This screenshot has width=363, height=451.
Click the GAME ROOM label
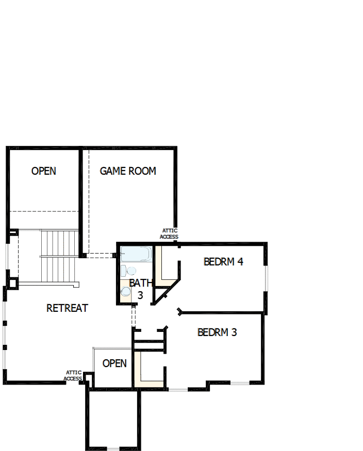click(128, 171)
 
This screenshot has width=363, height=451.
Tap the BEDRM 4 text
click(223, 261)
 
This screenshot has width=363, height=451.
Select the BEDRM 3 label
click(217, 332)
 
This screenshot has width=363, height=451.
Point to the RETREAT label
click(67, 308)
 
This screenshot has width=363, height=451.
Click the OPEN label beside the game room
click(44, 171)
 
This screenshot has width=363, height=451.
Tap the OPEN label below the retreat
click(114, 363)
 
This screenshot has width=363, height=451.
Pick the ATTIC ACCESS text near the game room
click(169, 234)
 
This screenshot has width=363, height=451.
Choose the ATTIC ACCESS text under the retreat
click(73, 376)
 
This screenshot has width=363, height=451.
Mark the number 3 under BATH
click(140, 296)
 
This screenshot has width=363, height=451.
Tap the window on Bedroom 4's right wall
click(266, 278)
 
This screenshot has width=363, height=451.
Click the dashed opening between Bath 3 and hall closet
click(134, 315)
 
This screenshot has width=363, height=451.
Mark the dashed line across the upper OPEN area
click(44, 211)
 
